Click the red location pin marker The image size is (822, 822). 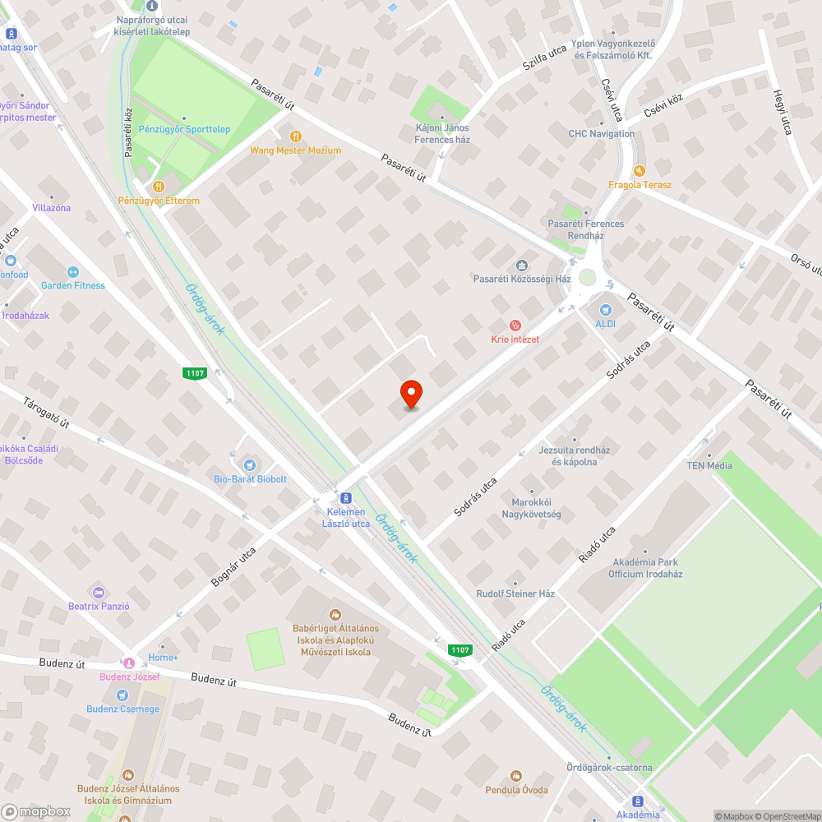[x=410, y=395]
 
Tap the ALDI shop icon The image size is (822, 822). [x=606, y=310]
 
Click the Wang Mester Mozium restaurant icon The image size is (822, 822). [x=296, y=136]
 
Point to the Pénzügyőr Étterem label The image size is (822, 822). [x=159, y=201]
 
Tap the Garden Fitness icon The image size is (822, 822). [x=72, y=271]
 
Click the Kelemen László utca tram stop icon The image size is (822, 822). [x=345, y=498]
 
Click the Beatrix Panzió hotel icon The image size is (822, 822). [x=99, y=592]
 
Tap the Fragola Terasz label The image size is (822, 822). [x=640, y=185]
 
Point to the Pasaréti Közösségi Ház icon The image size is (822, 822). [x=521, y=265]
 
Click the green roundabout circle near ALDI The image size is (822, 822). [x=587, y=277]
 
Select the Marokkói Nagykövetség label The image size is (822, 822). [x=531, y=508]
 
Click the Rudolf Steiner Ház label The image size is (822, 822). [x=515, y=593]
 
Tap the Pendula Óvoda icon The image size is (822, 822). [x=515, y=776]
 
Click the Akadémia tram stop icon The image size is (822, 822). [x=637, y=801]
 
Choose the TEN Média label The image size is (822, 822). [x=709, y=466]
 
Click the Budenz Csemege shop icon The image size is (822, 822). [x=122, y=695]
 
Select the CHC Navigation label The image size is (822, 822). [x=601, y=134]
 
